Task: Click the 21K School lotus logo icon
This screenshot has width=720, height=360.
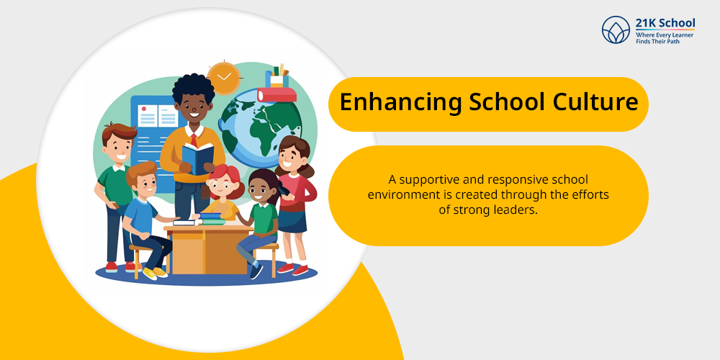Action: (616, 30)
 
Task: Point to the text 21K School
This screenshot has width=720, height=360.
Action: (665, 23)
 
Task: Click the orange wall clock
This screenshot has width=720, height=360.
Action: (224, 78)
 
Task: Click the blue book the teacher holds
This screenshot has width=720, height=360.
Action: (198, 158)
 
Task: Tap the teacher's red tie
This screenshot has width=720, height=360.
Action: (194, 140)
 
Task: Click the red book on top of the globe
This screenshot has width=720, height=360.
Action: (276, 94)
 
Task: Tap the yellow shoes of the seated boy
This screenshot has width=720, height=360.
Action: (155, 273)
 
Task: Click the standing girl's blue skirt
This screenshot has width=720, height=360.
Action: (292, 222)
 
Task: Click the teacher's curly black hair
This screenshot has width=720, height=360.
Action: (193, 89)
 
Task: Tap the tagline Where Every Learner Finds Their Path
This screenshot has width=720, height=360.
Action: (665, 38)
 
